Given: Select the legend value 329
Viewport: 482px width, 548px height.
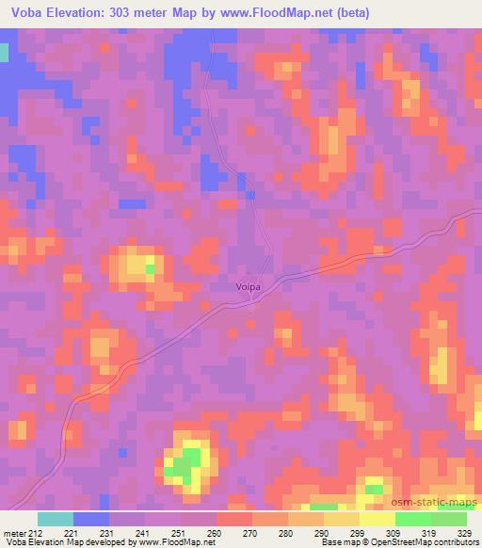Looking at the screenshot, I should pyautogui.click(x=465, y=532).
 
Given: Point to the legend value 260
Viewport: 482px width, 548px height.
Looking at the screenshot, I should pyautogui.click(x=217, y=532).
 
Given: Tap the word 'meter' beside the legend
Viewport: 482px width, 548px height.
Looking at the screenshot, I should pyautogui.click(x=14, y=532).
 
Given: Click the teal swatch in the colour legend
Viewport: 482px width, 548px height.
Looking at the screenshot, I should pyautogui.click(x=56, y=519).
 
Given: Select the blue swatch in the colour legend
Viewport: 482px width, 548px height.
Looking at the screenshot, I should pyautogui.click(x=91, y=519).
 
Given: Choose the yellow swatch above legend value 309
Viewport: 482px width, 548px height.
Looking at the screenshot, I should pyautogui.click(x=378, y=519).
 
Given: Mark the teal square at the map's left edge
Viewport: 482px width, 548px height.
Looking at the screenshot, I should pyautogui.click(x=4, y=53).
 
